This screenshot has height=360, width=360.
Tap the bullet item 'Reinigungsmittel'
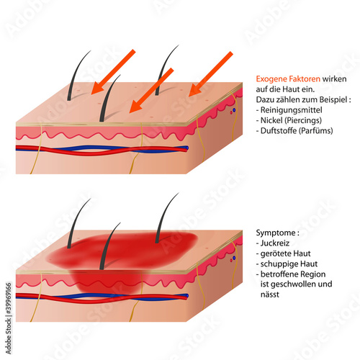(291, 110)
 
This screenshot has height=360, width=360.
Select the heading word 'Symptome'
(276, 233)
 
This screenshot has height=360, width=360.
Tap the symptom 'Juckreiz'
(275, 243)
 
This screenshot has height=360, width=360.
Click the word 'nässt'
(270, 294)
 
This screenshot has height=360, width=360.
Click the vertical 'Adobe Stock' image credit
(9, 318)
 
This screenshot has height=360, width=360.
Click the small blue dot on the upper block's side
(234, 110)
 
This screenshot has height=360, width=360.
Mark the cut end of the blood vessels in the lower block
(186, 297)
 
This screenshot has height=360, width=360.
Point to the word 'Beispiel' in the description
(331, 99)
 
